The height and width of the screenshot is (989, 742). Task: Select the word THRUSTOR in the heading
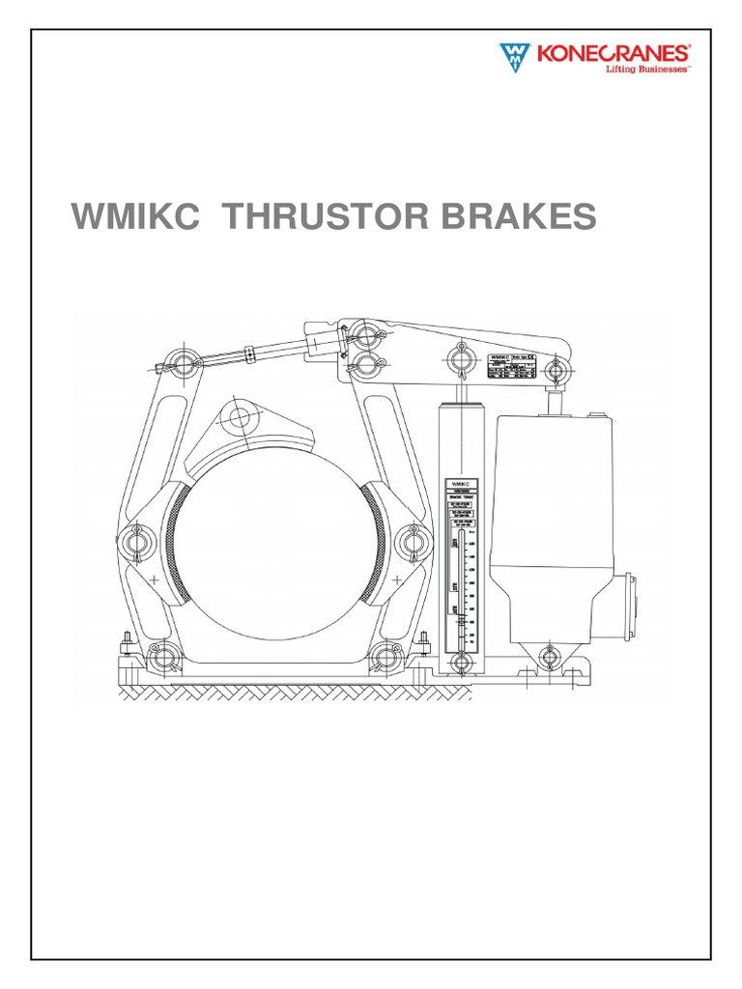[333, 217]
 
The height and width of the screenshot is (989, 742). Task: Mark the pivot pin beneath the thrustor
[550, 658]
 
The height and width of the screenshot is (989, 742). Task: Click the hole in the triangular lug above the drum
[239, 420]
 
